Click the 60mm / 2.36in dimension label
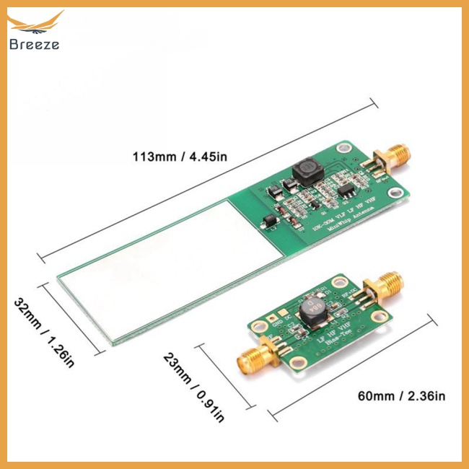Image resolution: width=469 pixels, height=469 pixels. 401,395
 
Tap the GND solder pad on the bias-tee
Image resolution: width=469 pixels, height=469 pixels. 270,318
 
